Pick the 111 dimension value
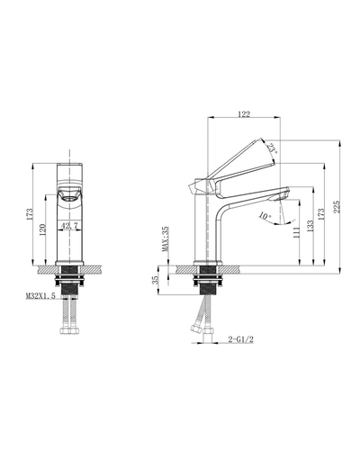[297, 232]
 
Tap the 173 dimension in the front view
[31, 214]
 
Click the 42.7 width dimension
[69, 226]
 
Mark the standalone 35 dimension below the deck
[158, 280]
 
